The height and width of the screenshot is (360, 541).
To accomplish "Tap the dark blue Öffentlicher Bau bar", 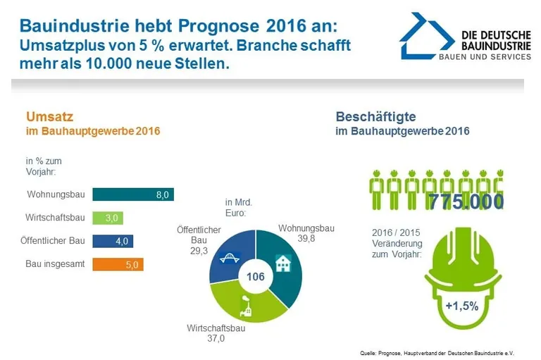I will (x=113, y=241).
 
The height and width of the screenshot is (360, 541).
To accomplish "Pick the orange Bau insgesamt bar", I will (x=118, y=264).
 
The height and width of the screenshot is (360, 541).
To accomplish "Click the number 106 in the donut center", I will (x=255, y=276).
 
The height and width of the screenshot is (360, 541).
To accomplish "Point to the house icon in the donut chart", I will (x=282, y=263).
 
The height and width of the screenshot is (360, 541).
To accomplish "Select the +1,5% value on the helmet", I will (x=462, y=306).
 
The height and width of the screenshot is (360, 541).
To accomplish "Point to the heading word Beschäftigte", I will (x=375, y=117).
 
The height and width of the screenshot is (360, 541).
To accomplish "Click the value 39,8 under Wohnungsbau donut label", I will (x=305, y=239).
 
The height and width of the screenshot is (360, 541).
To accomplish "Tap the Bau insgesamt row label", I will (x=54, y=264).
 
